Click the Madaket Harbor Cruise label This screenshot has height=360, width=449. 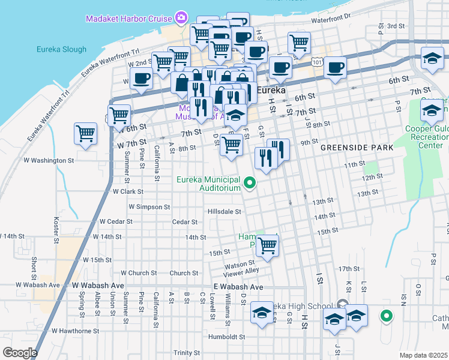[128, 19]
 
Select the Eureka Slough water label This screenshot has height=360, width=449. [61, 49]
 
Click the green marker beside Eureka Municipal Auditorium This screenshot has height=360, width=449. [252, 184]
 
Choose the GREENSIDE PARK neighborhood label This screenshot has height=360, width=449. [357, 147]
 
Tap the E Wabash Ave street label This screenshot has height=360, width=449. [238, 287]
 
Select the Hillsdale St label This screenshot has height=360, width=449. [224, 211]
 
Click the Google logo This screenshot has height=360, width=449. [20, 352]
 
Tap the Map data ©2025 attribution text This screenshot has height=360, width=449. [423, 355]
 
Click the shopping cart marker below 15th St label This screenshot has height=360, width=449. [267, 245]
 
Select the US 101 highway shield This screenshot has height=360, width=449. [317, 62]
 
